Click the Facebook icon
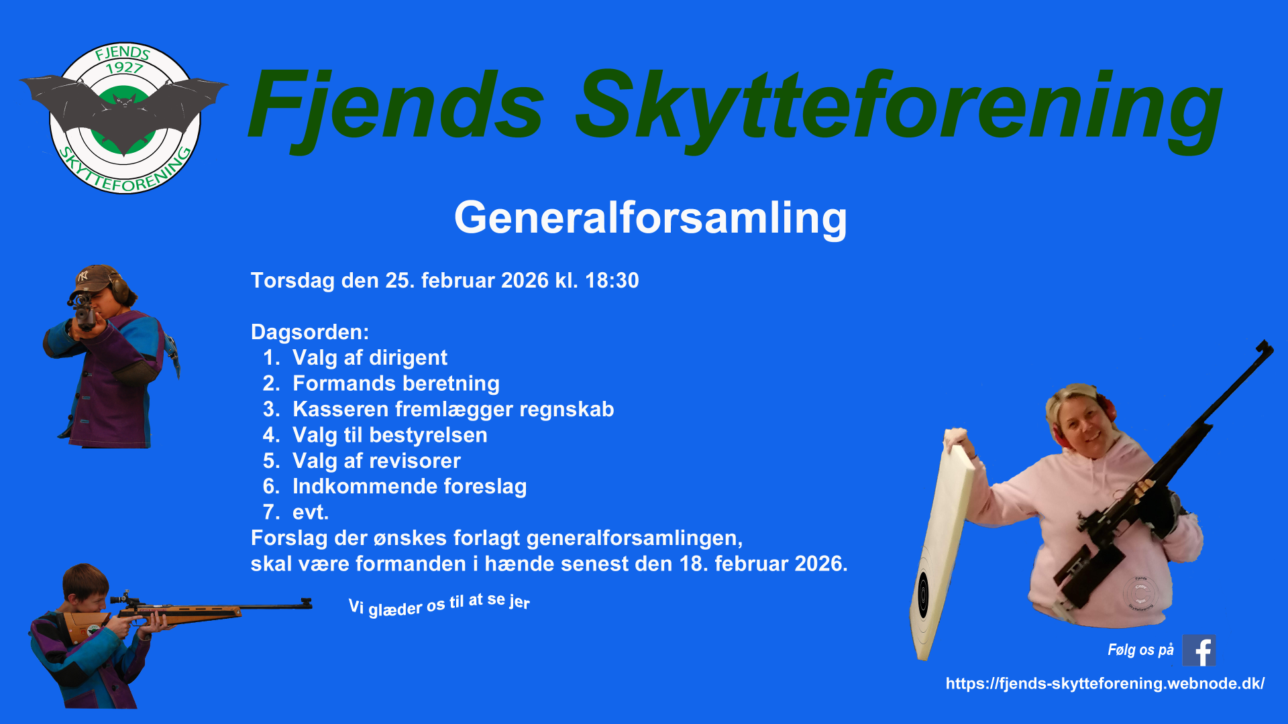(1199, 650)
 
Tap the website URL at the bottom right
(1105, 684)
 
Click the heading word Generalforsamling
(651, 219)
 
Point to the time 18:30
(612, 280)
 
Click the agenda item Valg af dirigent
(370, 358)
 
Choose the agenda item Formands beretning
(396, 383)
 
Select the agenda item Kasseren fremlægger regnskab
(453, 410)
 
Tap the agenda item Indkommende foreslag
(409, 487)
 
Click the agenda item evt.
(310, 513)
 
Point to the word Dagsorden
(309, 333)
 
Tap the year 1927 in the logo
(124, 68)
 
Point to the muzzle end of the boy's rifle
(310, 603)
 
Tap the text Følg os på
(1140, 650)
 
